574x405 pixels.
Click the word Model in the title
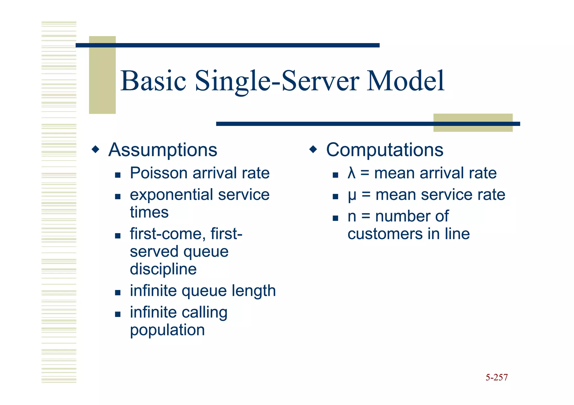click(x=405, y=81)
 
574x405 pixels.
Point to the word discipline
click(x=163, y=269)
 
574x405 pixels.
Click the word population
click(x=167, y=330)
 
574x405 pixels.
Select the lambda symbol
click(x=351, y=173)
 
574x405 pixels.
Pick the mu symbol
click(x=352, y=195)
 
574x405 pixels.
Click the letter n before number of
click(x=352, y=217)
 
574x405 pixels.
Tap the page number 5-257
click(x=496, y=377)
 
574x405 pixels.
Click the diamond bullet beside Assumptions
click(x=96, y=149)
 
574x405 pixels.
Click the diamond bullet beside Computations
click(x=313, y=149)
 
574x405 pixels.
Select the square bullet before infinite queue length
click(x=118, y=293)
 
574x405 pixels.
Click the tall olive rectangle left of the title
click(x=102, y=75)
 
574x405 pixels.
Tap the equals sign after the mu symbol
click(x=366, y=195)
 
